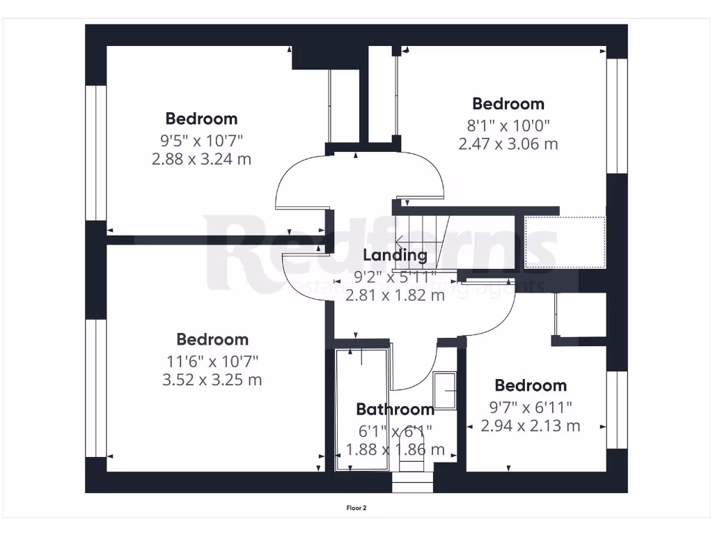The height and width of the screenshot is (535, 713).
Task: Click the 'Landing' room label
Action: (x=395, y=255)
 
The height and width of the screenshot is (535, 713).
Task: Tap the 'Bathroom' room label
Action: (x=395, y=409)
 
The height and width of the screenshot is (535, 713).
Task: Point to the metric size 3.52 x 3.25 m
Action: (x=212, y=380)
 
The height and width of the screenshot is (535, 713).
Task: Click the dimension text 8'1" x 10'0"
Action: (x=508, y=125)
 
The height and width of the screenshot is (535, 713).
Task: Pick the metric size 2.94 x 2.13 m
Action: (x=530, y=426)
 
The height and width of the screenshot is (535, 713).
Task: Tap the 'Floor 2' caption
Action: (x=356, y=508)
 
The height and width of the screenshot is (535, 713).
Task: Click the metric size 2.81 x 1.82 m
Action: (x=395, y=295)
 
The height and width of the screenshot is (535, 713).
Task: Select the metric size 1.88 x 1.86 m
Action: (x=395, y=449)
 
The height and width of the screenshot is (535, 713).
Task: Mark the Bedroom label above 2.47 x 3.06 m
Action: (x=508, y=104)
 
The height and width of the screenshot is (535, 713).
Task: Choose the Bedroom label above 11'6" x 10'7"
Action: (x=212, y=339)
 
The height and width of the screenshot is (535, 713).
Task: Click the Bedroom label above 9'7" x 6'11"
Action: (x=531, y=385)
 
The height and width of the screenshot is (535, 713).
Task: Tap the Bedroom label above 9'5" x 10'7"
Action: (x=201, y=118)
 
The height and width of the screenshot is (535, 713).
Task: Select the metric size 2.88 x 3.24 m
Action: (x=201, y=159)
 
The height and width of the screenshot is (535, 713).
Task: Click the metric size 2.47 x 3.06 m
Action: (x=508, y=144)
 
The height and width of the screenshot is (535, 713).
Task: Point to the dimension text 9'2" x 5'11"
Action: (x=395, y=276)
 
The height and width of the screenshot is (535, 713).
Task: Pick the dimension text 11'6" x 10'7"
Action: (x=212, y=361)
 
